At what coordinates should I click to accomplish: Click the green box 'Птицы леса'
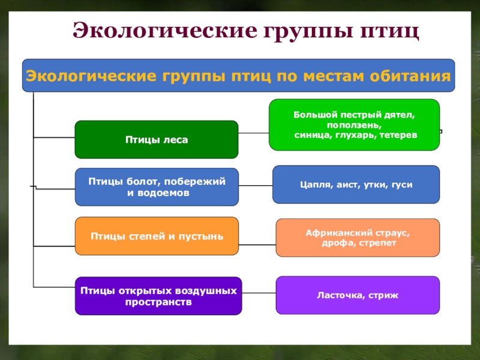[156, 139]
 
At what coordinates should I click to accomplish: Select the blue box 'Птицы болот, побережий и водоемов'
[156, 187]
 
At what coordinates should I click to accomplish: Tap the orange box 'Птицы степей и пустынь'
[156, 236]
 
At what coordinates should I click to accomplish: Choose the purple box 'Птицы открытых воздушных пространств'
[158, 296]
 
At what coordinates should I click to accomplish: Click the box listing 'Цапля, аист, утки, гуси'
[356, 185]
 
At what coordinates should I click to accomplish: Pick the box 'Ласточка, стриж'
[358, 295]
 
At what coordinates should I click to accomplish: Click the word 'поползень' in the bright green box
[354, 125]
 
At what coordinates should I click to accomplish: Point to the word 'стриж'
[384, 295]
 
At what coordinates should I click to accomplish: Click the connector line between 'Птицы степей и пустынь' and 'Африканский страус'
[257, 245]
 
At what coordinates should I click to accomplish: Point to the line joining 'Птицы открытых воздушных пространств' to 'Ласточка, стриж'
[259, 293]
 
